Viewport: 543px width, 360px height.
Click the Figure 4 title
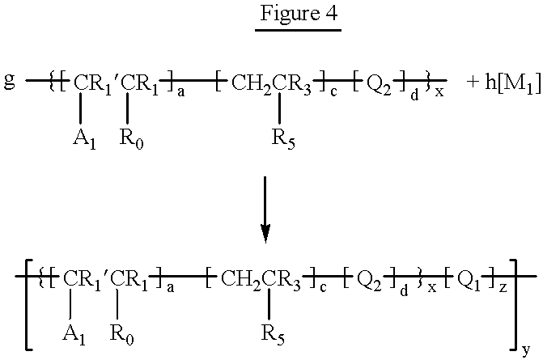(299, 14)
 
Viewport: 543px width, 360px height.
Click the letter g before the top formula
(10, 82)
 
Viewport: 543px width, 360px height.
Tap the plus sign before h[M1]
(473, 83)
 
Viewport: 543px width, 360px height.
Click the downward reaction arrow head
(265, 233)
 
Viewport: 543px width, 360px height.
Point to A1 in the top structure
(84, 139)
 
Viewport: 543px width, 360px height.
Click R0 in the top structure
(131, 139)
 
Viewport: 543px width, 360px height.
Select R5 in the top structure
(283, 139)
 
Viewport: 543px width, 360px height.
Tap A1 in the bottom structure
(74, 335)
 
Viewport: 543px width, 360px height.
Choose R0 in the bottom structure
(121, 335)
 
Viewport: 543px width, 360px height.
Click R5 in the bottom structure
(273, 335)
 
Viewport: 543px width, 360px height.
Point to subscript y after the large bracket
(526, 351)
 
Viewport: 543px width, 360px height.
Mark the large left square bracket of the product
(29, 305)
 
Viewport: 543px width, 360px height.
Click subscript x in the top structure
(439, 92)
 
